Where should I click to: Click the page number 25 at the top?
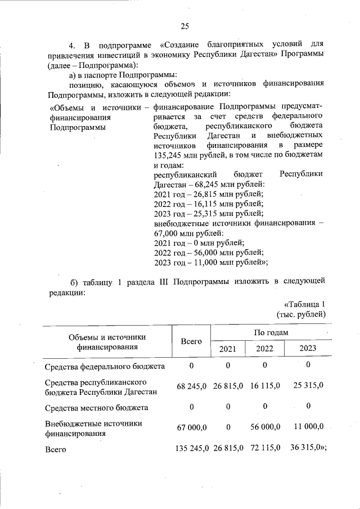click(x=184, y=25)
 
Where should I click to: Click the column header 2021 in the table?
click(x=228, y=348)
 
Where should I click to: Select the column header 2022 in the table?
click(x=265, y=348)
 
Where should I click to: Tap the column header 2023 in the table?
click(x=308, y=348)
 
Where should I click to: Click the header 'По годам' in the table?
click(x=271, y=332)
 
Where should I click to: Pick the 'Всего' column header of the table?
click(x=191, y=341)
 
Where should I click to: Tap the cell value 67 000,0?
click(x=192, y=429)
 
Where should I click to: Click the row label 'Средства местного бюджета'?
click(x=96, y=407)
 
